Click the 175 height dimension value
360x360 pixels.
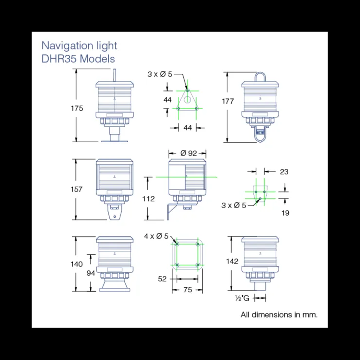[x=77, y=108]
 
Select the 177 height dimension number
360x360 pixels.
[x=228, y=101]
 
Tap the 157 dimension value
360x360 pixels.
[x=76, y=189]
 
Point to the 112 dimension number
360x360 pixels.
[x=148, y=198]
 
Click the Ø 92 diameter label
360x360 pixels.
[x=188, y=153]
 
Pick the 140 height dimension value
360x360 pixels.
[x=76, y=264]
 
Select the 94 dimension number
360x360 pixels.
[x=90, y=273]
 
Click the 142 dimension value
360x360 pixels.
[x=232, y=261]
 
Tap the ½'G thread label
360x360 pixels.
[x=242, y=298]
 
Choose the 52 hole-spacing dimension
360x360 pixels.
[x=162, y=279]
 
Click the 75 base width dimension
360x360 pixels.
[x=188, y=290]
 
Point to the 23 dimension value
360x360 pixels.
[x=284, y=172]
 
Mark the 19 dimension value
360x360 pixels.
[x=285, y=213]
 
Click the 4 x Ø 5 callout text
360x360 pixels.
[x=156, y=236]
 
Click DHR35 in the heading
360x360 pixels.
[x=59, y=59]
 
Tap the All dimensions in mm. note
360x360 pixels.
[x=279, y=315]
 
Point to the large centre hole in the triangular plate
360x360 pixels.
[x=187, y=99]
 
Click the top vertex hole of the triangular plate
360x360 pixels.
[x=187, y=90]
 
